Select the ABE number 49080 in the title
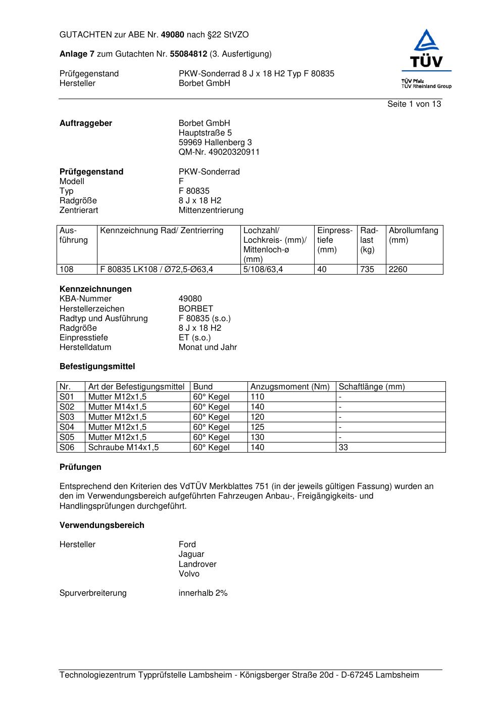[x=173, y=35]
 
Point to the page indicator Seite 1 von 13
[x=414, y=104]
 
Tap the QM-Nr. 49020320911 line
[x=219, y=152]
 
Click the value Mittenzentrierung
[x=211, y=210]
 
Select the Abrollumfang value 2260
[x=398, y=270]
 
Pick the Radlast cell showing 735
[x=367, y=270]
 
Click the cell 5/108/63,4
[x=263, y=270]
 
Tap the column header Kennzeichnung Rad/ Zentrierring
[x=162, y=231]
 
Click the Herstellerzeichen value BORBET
[x=195, y=308]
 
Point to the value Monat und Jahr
[x=208, y=347]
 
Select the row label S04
[x=67, y=427]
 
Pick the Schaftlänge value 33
[x=343, y=448]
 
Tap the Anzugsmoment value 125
[x=257, y=427]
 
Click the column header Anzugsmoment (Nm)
[x=290, y=387]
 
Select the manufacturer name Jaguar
[x=191, y=554]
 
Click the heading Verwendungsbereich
[x=102, y=525]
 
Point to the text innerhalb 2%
[x=203, y=593]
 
